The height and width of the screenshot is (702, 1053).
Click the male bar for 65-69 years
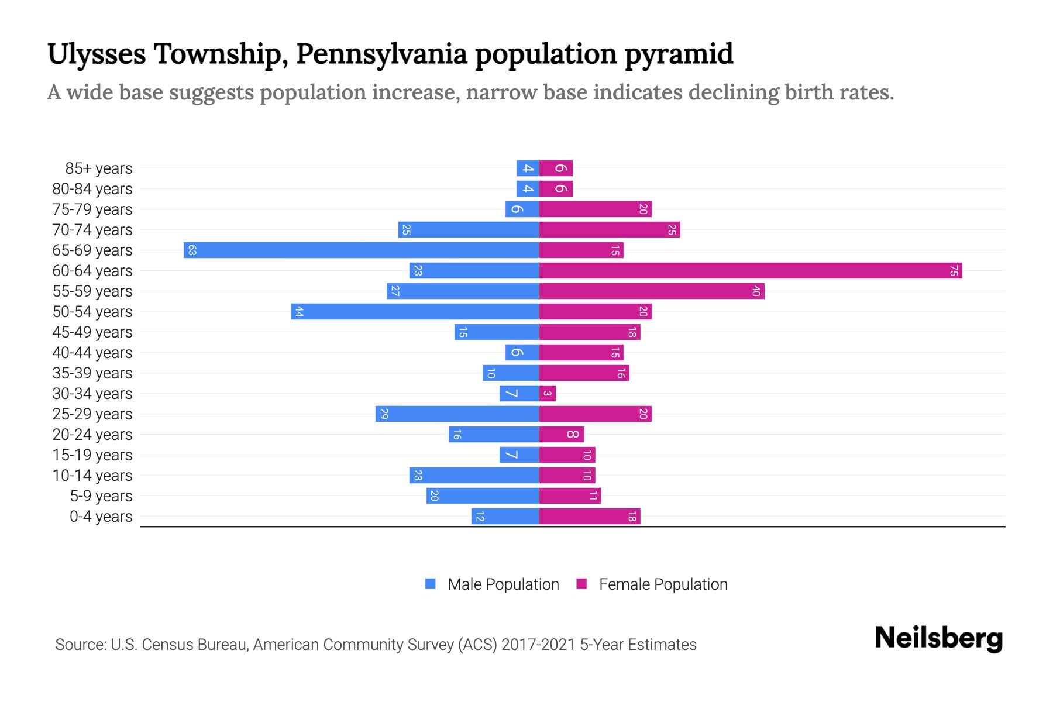tap(361, 250)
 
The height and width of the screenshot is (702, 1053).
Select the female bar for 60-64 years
tap(750, 271)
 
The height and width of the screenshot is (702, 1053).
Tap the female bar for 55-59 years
tap(651, 291)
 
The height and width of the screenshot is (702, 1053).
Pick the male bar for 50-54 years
tap(415, 312)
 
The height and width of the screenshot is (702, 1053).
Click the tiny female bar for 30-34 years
tap(547, 394)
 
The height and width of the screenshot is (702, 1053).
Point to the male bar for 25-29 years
tap(457, 414)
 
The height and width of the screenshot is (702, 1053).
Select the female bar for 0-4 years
tap(589, 517)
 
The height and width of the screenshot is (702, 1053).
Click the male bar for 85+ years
tap(527, 168)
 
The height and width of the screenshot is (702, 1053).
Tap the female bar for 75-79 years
tap(595, 209)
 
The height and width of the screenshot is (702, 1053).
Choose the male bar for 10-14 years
tap(474, 476)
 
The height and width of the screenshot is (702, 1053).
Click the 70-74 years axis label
tap(92, 230)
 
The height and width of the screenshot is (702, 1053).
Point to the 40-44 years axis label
tap(92, 353)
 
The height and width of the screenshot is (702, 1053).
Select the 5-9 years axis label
tap(101, 496)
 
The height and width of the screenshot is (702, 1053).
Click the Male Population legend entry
tap(503, 584)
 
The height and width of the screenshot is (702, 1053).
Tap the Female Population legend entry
tap(662, 584)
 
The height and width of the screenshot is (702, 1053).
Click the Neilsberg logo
tap(938, 638)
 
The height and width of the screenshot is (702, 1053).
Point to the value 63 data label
tap(192, 250)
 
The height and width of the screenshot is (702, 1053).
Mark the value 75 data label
tap(954, 271)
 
